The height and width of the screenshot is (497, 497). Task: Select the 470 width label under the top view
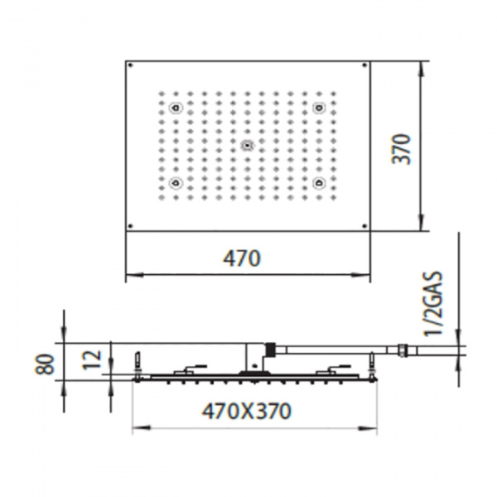pos(243,258)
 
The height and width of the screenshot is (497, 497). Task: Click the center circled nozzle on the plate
pos(246,146)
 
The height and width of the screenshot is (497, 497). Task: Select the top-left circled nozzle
pos(175,109)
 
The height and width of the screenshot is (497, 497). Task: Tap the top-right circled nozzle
pos(318,109)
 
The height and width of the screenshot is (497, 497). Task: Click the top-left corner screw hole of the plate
pos(131,65)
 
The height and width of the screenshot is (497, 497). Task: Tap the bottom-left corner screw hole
pos(131,225)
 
